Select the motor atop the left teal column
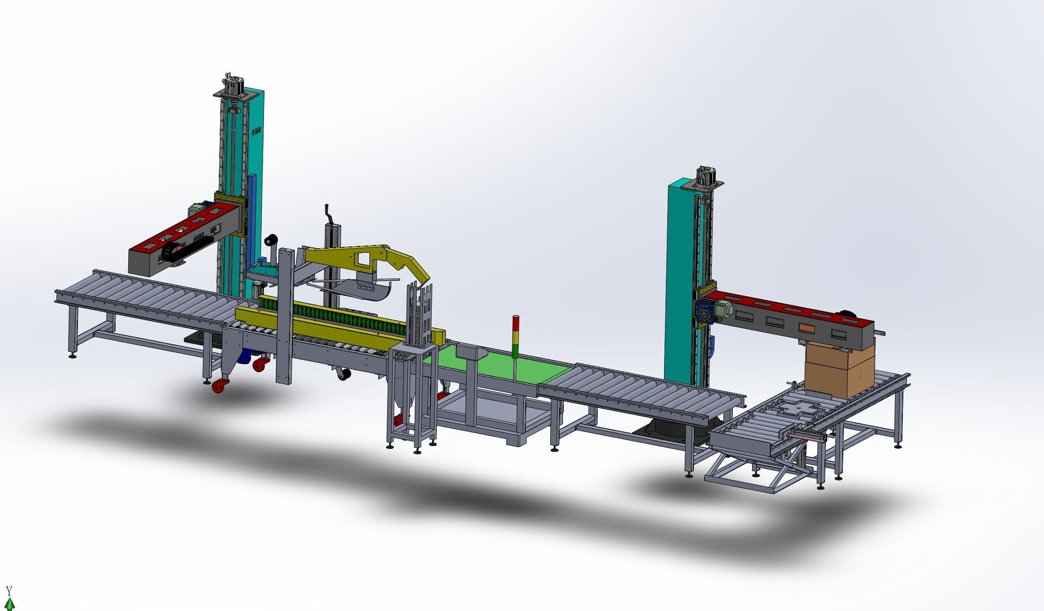point(232,85)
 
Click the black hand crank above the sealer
point(329,215)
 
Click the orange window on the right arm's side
point(806,328)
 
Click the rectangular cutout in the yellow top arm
point(363,260)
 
